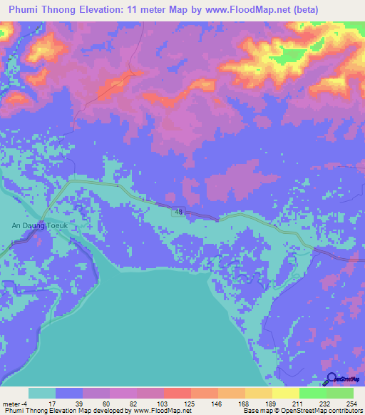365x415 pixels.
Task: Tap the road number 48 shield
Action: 176,212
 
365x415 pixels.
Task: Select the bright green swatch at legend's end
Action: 339,393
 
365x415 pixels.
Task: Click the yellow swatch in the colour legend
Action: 285,393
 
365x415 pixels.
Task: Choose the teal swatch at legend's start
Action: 42,393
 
